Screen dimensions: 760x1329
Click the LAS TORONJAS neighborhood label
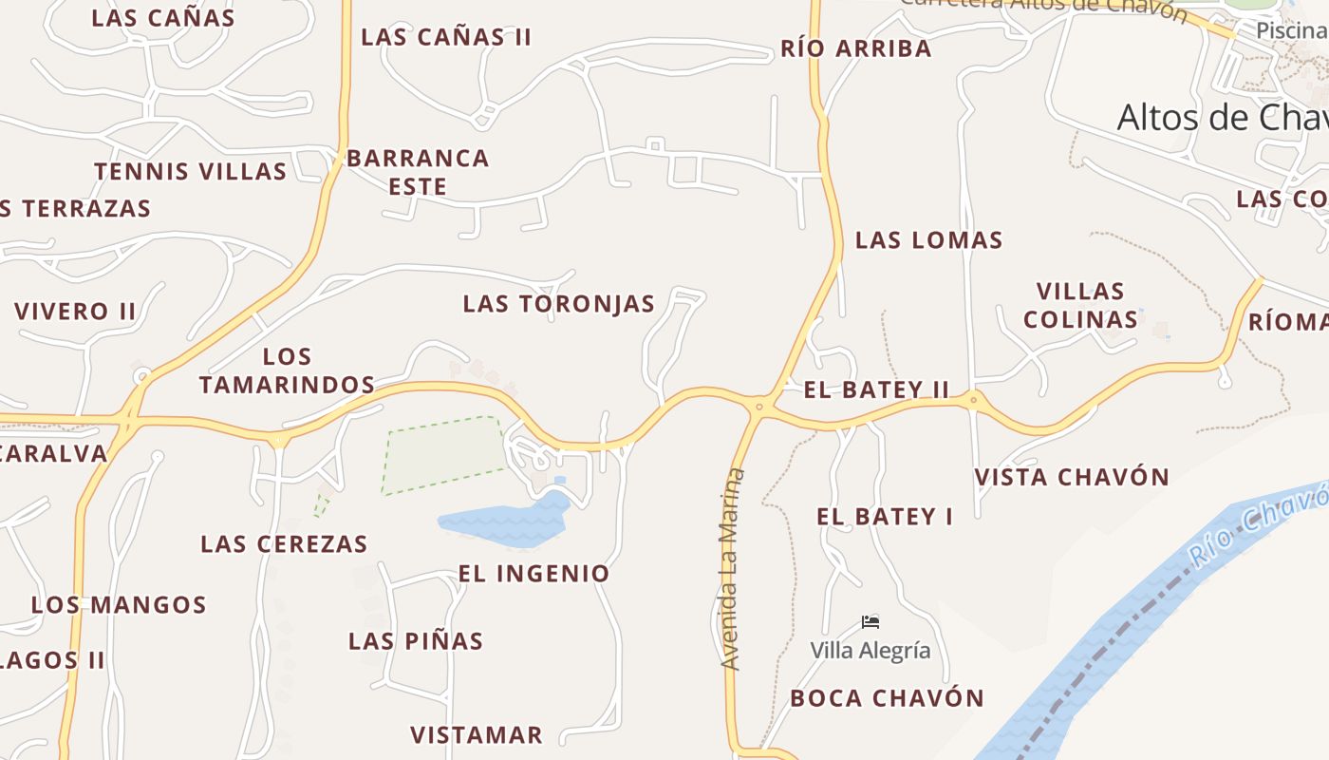pyautogui.click(x=558, y=304)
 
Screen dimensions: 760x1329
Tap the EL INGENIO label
pyautogui.click(x=533, y=574)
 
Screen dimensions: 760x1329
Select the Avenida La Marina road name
pyautogui.click(x=730, y=570)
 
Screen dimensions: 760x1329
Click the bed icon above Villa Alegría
pyautogui.click(x=870, y=622)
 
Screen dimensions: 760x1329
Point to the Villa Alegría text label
pyautogui.click(x=870, y=651)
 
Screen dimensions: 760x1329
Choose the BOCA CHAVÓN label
pyautogui.click(x=887, y=698)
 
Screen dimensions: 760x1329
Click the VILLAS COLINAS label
pyautogui.click(x=1080, y=305)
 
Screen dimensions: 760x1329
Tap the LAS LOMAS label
pyautogui.click(x=928, y=240)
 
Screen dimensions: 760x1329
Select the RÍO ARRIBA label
pyautogui.click(x=855, y=49)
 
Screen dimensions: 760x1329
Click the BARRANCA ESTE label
pyautogui.click(x=418, y=172)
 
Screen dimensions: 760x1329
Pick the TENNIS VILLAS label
pyautogui.click(x=190, y=172)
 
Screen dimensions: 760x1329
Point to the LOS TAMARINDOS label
pyautogui.click(x=287, y=370)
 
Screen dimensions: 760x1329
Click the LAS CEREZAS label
pyautogui.click(x=284, y=544)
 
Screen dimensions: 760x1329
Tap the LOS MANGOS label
pyautogui.click(x=119, y=605)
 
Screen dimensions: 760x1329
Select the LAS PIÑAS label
pyautogui.click(x=416, y=641)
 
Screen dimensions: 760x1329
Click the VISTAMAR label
pyautogui.click(x=476, y=735)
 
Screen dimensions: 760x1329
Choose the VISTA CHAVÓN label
pyautogui.click(x=1072, y=477)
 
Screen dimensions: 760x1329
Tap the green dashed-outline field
pyautogui.click(x=444, y=455)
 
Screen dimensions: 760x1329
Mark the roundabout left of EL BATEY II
pyautogui.click(x=758, y=407)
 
